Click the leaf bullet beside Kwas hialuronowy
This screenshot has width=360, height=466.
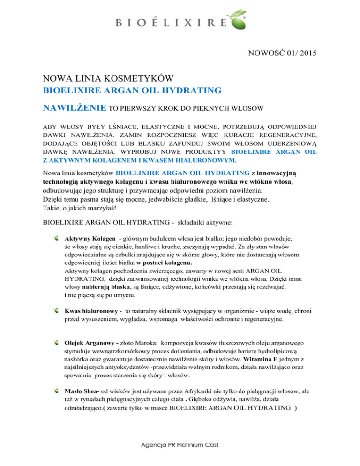click(57, 311)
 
